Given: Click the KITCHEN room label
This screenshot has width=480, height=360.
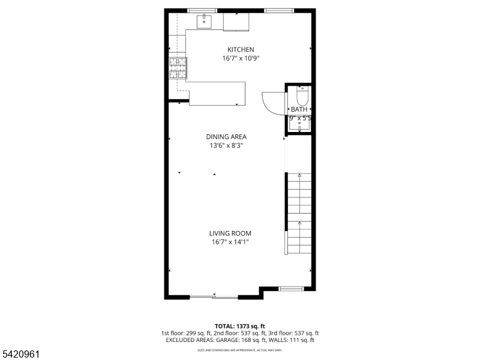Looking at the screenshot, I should [240, 49].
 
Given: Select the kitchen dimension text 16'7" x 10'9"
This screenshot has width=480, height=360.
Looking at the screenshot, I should [240, 58].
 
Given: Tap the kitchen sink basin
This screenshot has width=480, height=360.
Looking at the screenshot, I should [204, 21].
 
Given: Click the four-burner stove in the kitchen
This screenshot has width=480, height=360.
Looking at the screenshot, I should [178, 68].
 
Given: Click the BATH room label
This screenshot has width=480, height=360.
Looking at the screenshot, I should [299, 109].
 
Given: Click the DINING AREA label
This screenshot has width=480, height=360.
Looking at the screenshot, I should [226, 136].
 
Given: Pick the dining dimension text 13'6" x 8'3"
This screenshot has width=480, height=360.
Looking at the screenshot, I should [226, 145].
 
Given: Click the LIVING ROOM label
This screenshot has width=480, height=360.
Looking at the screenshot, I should [230, 233].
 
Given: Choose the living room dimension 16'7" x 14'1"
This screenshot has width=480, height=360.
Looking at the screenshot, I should [230, 242].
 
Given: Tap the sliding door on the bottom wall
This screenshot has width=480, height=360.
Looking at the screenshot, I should [214, 296].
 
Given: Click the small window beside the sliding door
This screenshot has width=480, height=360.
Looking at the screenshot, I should [291, 289].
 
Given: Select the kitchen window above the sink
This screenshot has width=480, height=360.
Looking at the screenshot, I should [203, 11].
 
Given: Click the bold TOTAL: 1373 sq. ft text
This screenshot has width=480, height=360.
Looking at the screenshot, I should [239, 326].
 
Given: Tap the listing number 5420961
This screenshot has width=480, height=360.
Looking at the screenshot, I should [20, 354].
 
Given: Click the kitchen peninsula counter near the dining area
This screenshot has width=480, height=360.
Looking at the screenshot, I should [217, 94].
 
